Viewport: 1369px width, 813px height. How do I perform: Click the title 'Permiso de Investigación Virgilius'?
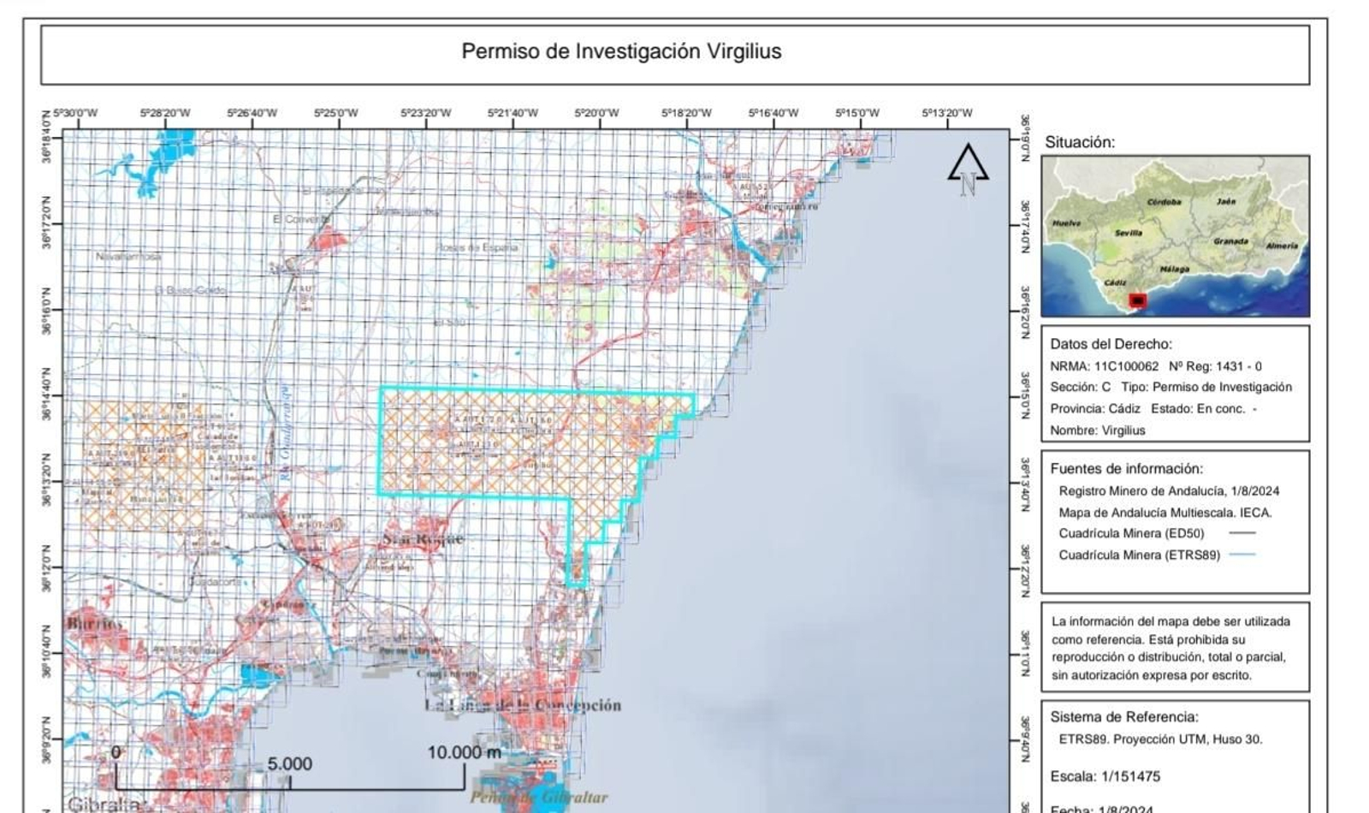click(x=621, y=51)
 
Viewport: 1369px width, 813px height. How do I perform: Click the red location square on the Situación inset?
click(x=1137, y=300)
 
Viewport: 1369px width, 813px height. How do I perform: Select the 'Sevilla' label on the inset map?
click(x=1129, y=233)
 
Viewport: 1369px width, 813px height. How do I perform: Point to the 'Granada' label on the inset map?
click(x=1230, y=241)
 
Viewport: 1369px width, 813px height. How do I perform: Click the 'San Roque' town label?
click(x=423, y=538)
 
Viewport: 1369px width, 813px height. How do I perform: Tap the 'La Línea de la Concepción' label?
click(x=523, y=705)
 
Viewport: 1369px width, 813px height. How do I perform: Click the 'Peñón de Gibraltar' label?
click(x=539, y=798)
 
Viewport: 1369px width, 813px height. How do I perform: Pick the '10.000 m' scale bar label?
click(x=465, y=753)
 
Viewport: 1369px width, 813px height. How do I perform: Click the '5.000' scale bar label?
click(x=289, y=763)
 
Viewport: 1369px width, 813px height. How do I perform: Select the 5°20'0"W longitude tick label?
click(x=596, y=113)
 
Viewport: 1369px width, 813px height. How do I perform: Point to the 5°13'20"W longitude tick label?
click(x=947, y=113)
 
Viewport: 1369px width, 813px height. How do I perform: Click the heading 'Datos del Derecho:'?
click(x=1111, y=344)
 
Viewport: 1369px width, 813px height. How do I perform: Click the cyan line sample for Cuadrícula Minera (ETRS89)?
click(x=1242, y=555)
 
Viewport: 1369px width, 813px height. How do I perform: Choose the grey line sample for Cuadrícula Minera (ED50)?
click(x=1242, y=533)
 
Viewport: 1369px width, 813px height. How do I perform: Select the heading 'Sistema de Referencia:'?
click(x=1123, y=717)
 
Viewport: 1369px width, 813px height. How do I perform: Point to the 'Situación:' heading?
click(x=1080, y=143)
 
